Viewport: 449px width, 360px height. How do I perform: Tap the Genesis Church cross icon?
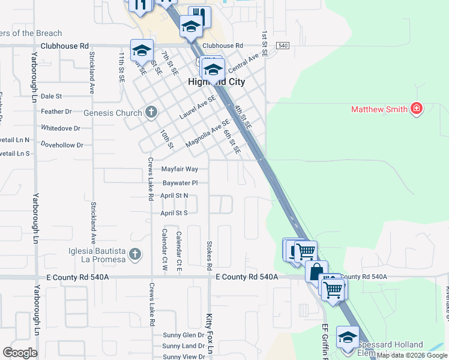point(151,112)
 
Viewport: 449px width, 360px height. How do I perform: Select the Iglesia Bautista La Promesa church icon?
point(136,254)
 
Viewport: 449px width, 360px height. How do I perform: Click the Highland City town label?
point(217,82)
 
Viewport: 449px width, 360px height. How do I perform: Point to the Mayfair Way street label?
point(179,169)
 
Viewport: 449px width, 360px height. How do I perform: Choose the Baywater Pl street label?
point(180,182)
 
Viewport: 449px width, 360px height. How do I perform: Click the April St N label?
point(174,196)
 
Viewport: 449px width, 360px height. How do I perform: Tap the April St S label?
point(174,213)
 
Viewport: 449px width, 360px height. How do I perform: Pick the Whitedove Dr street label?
point(61,128)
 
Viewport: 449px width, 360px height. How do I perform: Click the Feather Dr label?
point(56,112)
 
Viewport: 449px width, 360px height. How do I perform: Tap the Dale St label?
point(51,96)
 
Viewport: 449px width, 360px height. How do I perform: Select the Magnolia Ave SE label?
point(208,133)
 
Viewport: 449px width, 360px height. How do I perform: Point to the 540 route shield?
point(283,46)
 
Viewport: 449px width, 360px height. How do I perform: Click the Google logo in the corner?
point(20,353)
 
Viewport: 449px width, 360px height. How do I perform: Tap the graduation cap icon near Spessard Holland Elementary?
point(348,337)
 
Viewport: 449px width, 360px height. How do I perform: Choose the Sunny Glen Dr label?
point(183,335)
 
